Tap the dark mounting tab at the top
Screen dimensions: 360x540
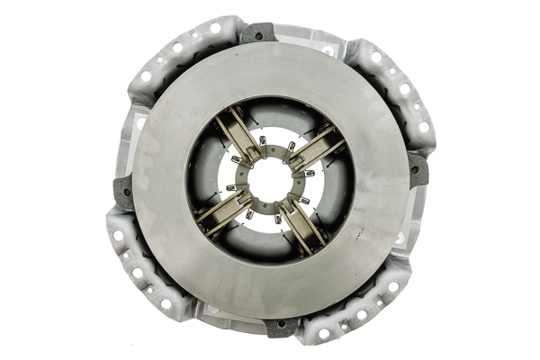click(x=257, y=33)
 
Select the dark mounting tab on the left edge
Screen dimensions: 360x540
click(x=122, y=192)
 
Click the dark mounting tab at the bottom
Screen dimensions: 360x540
click(x=282, y=326)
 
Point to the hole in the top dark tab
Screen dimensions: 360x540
click(x=258, y=35)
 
